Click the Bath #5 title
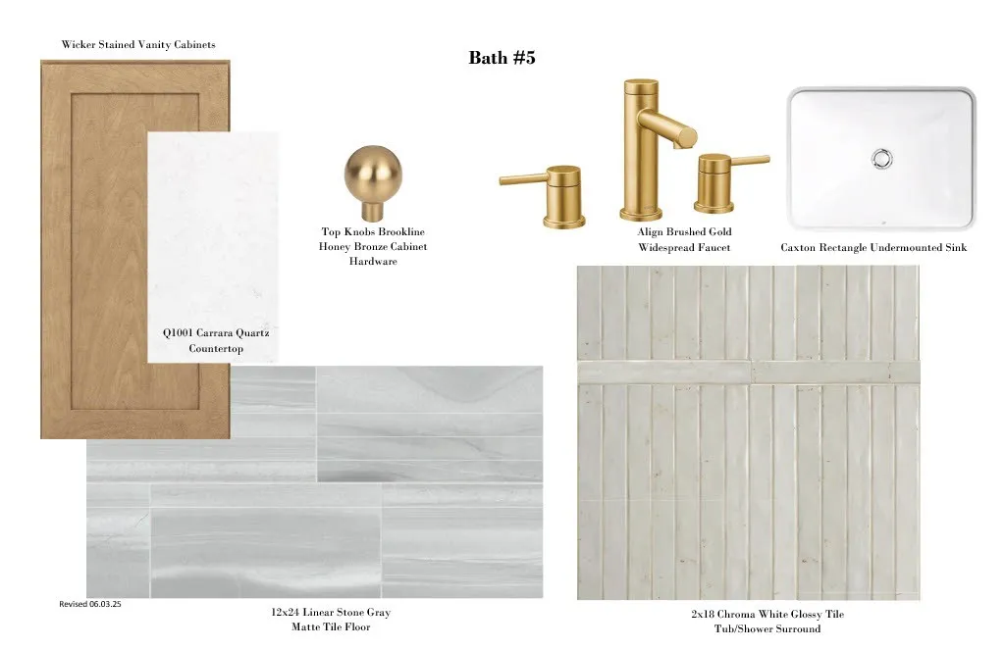click(x=502, y=58)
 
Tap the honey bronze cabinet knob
click(x=372, y=182)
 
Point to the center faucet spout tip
click(x=688, y=136)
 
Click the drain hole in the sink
click(x=882, y=158)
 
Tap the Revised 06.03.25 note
click(x=89, y=604)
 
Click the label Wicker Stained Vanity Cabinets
click(x=138, y=44)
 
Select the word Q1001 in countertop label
click(x=178, y=333)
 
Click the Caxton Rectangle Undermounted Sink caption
click(x=873, y=247)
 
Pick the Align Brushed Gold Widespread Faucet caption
click(x=684, y=239)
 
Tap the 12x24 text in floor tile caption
click(x=286, y=612)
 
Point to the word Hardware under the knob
click(x=373, y=262)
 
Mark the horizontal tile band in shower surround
click(x=749, y=373)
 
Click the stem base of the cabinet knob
click(x=371, y=211)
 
